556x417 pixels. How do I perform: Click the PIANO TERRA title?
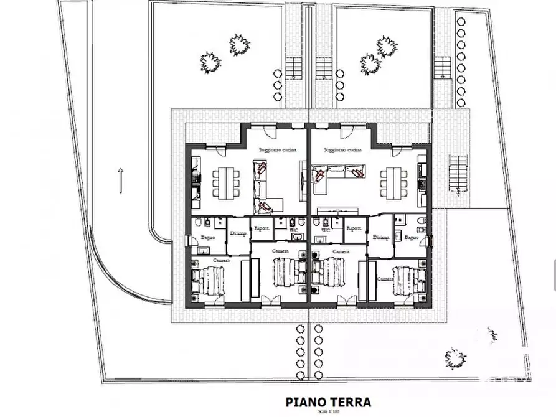click(328, 402)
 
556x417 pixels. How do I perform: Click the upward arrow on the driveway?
click(120, 181)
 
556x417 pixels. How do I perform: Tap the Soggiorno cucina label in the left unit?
click(277, 151)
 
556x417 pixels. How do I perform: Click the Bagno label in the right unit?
click(412, 238)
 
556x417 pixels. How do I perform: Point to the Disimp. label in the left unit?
click(238, 233)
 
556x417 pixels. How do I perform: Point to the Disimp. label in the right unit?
click(380, 238)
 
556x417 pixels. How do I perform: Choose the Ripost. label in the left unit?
click(262, 228)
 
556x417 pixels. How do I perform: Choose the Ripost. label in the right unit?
click(355, 228)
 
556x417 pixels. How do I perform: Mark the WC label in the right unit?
click(325, 230)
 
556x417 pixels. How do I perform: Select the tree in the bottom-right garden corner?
click(456, 357)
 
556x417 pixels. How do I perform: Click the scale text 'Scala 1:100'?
click(328, 412)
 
